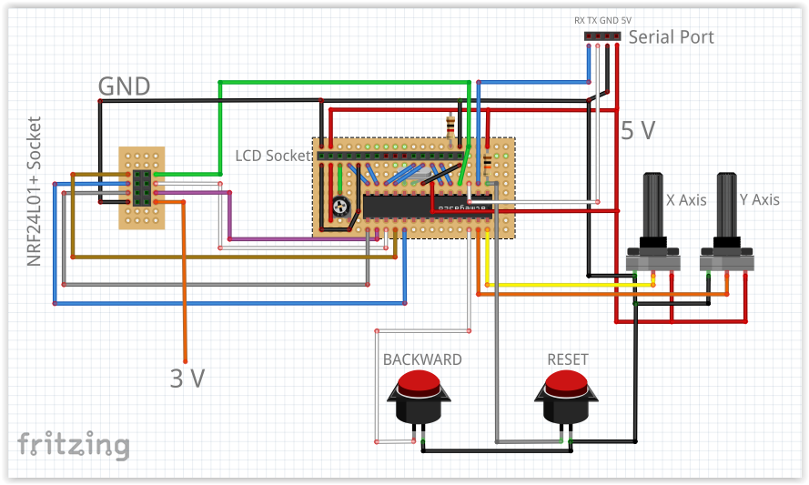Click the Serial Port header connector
(x=603, y=36)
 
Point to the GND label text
(x=125, y=86)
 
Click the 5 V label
(x=638, y=130)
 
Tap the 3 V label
(x=187, y=378)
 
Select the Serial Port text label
(x=672, y=37)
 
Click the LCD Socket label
(x=273, y=156)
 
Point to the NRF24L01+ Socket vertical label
(x=35, y=191)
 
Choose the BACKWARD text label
(x=422, y=359)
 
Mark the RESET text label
(x=568, y=359)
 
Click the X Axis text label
(x=686, y=199)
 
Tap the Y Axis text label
(x=759, y=199)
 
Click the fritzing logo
(x=74, y=444)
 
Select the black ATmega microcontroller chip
(x=427, y=206)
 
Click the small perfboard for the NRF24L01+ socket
(x=142, y=187)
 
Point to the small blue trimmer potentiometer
(x=340, y=207)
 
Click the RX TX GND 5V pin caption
(x=602, y=20)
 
